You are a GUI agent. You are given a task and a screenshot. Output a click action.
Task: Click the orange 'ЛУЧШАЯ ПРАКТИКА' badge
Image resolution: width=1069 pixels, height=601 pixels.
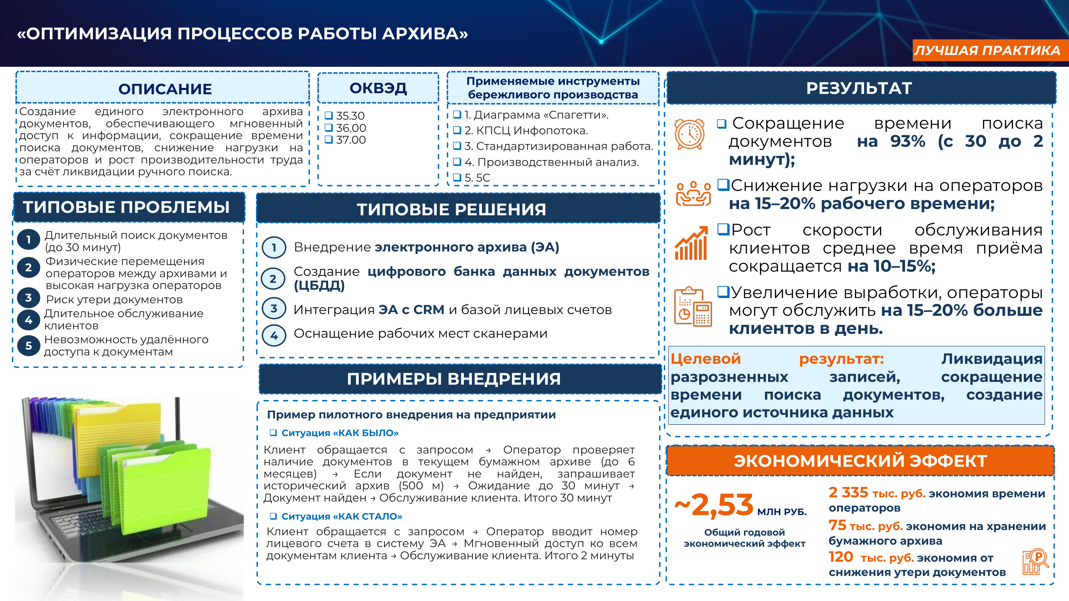point(990,50)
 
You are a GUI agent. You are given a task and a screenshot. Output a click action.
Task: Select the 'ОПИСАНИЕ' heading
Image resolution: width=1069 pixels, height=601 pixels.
point(165,89)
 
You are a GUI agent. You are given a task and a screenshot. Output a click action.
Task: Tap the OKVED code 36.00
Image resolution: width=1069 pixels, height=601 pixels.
point(351,128)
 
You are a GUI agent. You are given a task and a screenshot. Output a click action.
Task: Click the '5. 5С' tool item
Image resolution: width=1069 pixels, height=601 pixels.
point(477,177)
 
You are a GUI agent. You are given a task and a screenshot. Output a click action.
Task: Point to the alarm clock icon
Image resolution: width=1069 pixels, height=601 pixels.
point(689,134)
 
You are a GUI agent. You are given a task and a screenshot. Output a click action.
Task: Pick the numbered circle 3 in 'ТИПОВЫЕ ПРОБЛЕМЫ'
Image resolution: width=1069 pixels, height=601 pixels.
point(28,297)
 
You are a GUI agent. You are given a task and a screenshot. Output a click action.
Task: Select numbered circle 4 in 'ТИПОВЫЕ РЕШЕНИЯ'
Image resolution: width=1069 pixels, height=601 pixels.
point(274,335)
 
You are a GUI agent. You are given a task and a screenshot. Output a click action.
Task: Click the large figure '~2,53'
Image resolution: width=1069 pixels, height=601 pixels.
point(714,505)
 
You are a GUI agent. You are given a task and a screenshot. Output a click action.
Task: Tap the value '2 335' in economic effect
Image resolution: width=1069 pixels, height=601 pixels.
point(848,492)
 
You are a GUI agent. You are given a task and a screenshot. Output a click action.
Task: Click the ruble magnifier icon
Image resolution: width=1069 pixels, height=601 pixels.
point(1035,562)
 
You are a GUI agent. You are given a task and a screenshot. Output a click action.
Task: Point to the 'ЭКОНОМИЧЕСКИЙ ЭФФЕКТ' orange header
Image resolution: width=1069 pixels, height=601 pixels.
point(860,461)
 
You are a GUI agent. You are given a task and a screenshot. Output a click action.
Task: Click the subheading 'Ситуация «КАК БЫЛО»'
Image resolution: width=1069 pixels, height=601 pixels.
point(340,433)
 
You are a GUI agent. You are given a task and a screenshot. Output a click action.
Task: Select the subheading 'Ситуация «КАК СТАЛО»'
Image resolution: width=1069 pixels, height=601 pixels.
point(341,516)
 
